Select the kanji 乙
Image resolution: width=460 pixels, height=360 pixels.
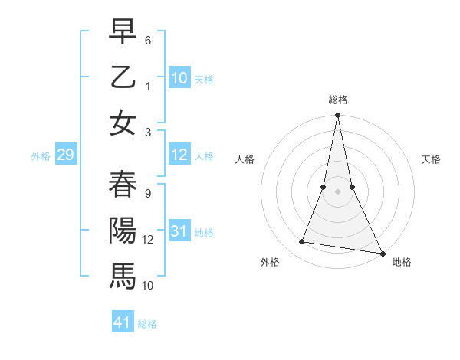[123, 77]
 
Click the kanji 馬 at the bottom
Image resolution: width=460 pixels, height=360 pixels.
[123, 274]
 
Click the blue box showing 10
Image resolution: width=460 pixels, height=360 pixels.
[179, 77]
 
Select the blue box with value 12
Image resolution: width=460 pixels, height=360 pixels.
[179, 155]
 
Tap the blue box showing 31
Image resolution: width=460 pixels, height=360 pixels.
[179, 231]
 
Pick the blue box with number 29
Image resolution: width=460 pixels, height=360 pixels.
[65, 155]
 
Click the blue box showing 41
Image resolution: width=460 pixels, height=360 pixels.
[123, 322]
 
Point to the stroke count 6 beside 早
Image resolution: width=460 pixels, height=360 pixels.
[148, 37]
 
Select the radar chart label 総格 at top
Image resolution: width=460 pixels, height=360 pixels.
[337, 100]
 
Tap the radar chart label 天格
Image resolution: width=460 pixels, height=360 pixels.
[431, 159]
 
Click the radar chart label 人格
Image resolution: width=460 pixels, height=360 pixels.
[245, 159]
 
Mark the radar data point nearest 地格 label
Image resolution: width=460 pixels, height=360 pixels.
[382, 253]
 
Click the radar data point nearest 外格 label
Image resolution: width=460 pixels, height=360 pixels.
[302, 242]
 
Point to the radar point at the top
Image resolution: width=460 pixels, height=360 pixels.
[337, 116]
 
